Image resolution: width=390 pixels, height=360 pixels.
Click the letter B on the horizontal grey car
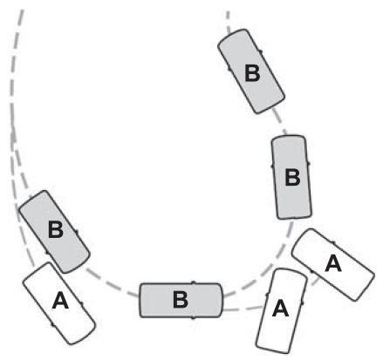click(181, 300)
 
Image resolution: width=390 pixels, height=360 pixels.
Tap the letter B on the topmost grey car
click(252, 73)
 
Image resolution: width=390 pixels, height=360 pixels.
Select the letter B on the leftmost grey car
click(56, 229)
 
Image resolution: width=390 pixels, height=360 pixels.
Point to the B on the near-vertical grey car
click(292, 178)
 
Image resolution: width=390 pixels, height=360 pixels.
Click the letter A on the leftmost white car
click(60, 301)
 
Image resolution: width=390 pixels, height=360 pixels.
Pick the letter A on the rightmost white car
click(333, 263)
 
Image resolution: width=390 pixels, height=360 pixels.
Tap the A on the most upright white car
click(280, 309)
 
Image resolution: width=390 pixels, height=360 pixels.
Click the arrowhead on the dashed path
click(13, 134)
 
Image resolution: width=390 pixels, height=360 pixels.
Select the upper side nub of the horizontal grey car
click(193, 282)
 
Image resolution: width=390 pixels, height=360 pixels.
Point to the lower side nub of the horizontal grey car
click(193, 318)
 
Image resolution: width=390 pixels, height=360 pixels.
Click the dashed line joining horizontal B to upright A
click(243, 309)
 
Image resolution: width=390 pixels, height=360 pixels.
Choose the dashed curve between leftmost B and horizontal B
click(112, 285)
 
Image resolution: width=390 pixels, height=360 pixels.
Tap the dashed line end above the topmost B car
click(228, 12)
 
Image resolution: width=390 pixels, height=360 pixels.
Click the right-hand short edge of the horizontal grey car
click(222, 300)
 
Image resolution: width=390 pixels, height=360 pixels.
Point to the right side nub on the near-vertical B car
click(308, 164)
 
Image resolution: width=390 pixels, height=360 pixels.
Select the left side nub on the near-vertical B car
click(272, 166)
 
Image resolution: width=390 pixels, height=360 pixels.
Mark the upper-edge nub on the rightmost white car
click(334, 242)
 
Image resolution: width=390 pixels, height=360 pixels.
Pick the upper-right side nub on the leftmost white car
click(81, 304)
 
